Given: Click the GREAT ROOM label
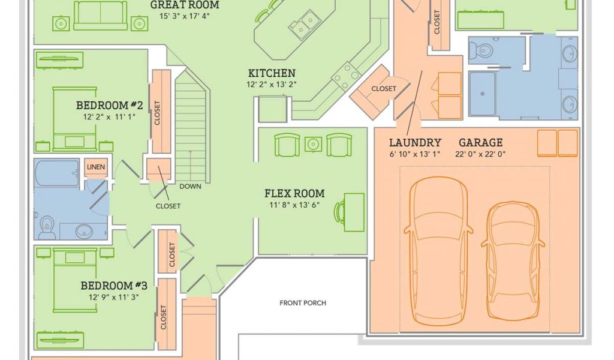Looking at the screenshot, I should (x=184, y=5).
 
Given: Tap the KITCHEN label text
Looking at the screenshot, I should (x=272, y=74).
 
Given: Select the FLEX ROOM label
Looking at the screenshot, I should (x=294, y=194).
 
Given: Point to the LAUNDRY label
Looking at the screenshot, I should (x=415, y=143).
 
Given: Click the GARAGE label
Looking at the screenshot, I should (x=480, y=143).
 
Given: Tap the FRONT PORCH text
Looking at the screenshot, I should (x=303, y=303).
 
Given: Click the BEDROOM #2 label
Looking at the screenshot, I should (x=109, y=106).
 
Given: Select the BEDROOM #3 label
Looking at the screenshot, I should (x=114, y=286).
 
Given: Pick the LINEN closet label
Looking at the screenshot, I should (x=95, y=167).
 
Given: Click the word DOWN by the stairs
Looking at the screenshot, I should (x=190, y=186).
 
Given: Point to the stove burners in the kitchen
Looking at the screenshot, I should (x=346, y=76).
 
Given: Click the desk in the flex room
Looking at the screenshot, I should (x=354, y=212).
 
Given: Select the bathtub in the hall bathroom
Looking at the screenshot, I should (x=56, y=174).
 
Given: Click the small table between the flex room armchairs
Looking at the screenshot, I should (x=313, y=144).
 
